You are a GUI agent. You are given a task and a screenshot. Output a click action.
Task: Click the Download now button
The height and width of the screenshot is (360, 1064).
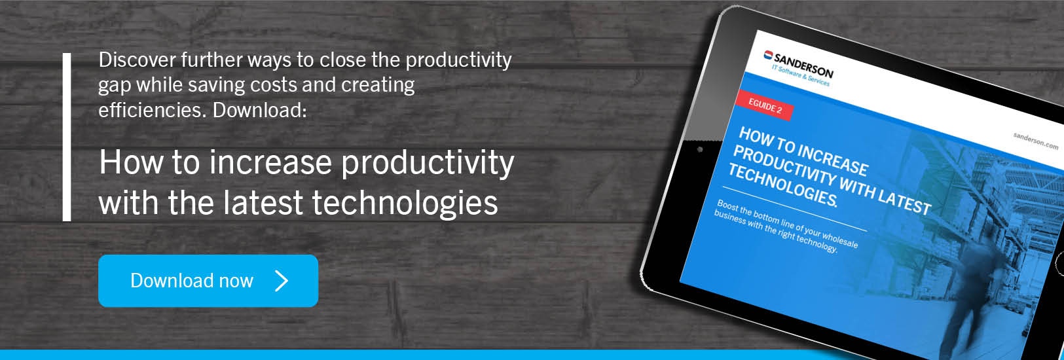tap(208, 281)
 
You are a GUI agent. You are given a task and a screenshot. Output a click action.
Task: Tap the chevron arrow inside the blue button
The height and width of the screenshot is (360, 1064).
tap(282, 281)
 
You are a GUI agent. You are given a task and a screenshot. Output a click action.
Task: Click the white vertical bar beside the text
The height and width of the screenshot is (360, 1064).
tap(67, 137)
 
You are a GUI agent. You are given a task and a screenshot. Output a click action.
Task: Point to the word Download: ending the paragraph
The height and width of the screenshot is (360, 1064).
tap(259, 110)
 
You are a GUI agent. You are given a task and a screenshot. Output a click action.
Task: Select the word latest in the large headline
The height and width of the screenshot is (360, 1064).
tap(263, 202)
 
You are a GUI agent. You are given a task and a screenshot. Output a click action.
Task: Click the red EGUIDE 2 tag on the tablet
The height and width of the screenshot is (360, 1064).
tap(765, 105)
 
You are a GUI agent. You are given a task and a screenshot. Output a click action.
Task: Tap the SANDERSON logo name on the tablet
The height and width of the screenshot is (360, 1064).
tap(803, 65)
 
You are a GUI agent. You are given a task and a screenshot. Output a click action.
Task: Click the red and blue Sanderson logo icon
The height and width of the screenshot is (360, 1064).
tap(768, 55)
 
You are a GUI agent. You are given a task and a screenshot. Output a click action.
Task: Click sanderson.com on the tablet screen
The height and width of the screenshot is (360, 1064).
tap(1035, 141)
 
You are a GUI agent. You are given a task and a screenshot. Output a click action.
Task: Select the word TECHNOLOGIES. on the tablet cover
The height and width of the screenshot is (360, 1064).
tap(783, 185)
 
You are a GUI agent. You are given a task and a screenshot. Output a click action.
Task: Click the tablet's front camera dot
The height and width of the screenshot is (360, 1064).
tap(700, 150)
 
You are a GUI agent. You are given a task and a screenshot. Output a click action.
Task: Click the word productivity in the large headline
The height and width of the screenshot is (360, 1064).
tap(428, 163)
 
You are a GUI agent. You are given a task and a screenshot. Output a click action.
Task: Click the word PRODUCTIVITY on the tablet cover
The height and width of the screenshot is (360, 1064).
tap(784, 166)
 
